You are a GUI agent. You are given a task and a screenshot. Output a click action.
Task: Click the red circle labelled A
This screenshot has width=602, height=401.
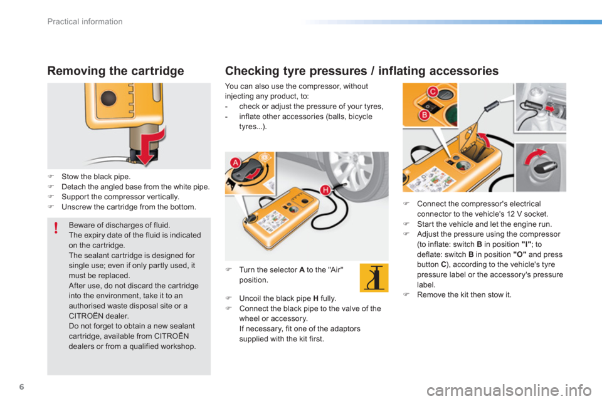point(235,163)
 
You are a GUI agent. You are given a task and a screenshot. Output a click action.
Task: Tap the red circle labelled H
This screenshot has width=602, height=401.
point(325,190)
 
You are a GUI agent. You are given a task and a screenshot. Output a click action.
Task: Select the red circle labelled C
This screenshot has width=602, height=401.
point(433,91)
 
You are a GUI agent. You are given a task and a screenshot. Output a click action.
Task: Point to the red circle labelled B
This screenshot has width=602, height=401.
point(425,115)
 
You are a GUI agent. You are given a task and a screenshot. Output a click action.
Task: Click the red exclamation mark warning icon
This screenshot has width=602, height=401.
point(56,227)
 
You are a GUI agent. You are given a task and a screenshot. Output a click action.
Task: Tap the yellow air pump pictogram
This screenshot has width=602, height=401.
point(374,278)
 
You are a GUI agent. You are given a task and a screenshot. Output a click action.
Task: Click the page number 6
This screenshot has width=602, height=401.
point(21,387)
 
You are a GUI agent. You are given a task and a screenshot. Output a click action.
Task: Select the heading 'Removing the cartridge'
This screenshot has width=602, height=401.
point(115,71)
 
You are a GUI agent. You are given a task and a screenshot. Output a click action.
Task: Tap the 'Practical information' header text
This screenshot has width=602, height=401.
point(85,21)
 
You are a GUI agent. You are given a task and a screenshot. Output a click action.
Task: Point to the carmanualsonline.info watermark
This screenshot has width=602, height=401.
point(509,390)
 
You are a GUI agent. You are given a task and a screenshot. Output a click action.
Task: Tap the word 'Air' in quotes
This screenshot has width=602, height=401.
point(336,270)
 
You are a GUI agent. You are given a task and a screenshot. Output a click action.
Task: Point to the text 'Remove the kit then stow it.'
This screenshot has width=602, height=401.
point(464,294)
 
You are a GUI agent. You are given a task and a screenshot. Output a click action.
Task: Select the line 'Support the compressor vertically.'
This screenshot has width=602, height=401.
point(120,197)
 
